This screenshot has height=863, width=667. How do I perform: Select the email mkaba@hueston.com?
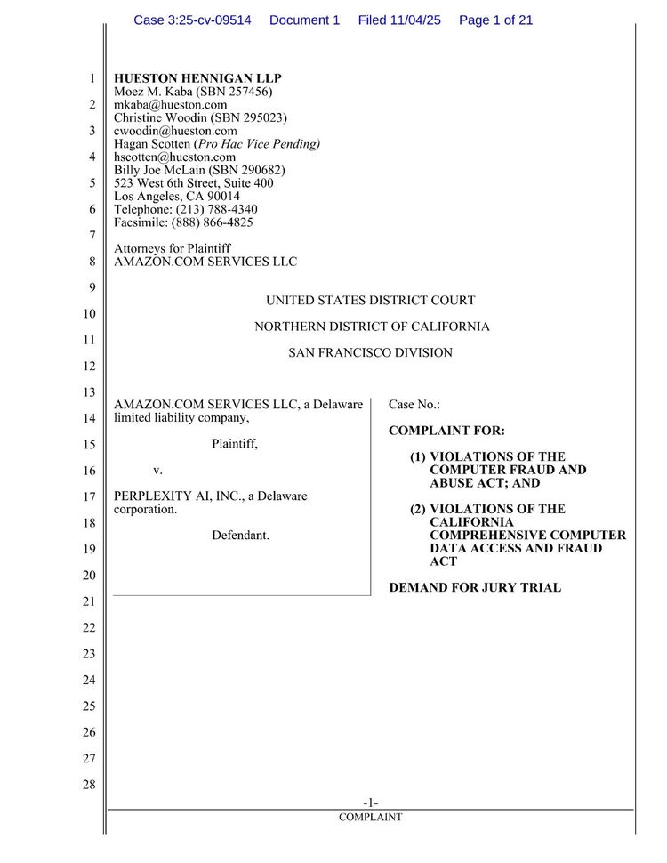pos(171,105)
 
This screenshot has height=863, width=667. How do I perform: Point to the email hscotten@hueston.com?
pos(175,157)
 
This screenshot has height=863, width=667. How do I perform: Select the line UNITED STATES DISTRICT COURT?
pos(370,301)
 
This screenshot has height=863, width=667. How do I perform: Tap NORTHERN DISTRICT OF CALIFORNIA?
pos(372,327)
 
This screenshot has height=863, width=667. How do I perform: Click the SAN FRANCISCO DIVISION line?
pos(370,353)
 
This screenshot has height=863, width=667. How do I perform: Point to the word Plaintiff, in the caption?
pos(235,444)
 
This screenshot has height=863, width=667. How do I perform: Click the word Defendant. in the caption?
pos(240,536)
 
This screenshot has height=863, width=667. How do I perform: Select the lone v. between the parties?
pos(157,470)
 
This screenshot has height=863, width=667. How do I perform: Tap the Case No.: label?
pos(414,405)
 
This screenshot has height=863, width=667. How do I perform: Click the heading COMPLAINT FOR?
pos(446,431)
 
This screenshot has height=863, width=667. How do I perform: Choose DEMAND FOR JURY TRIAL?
pos(475,588)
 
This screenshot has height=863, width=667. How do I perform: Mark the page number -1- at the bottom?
pos(370,803)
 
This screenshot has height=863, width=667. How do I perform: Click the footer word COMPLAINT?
pos(370,817)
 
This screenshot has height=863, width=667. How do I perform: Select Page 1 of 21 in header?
pos(495,20)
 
